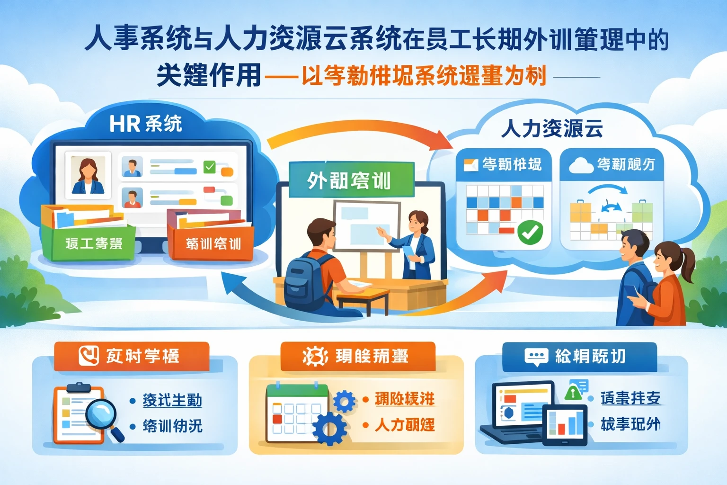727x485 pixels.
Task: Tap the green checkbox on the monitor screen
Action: click(x=209, y=167)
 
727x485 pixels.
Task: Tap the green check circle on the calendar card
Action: click(x=530, y=233)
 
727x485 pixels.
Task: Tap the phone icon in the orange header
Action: click(x=89, y=355)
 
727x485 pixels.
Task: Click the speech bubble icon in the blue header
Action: click(x=536, y=357)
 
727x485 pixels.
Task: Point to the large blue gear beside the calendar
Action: click(x=329, y=429)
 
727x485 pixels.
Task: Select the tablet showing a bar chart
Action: click(x=565, y=425)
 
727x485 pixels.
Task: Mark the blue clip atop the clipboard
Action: click(x=79, y=387)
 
